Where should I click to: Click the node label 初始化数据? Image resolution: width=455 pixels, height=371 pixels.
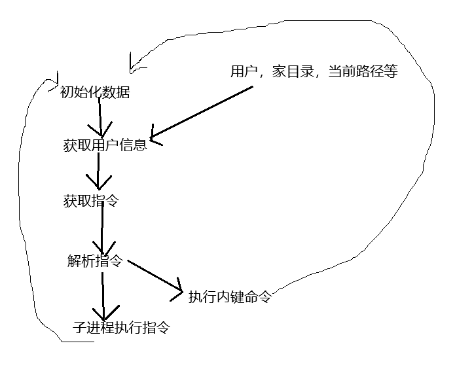click(x=95, y=93)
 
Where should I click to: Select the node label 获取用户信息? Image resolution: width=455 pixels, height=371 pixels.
click(x=105, y=145)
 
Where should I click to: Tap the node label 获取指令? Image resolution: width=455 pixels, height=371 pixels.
click(x=91, y=201)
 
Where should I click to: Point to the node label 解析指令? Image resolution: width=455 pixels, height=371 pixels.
click(x=95, y=261)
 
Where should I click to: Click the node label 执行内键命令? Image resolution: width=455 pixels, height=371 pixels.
click(x=229, y=297)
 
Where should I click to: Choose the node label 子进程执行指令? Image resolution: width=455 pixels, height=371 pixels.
click(x=122, y=328)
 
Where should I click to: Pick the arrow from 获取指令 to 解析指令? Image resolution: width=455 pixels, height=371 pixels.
click(x=103, y=229)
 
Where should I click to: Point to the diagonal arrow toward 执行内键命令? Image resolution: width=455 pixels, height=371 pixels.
click(x=154, y=275)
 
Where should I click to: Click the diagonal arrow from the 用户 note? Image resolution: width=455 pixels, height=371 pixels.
click(x=203, y=111)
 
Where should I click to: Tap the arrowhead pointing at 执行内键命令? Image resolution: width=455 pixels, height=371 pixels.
click(x=177, y=290)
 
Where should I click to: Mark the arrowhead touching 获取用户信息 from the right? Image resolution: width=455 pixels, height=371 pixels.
click(x=155, y=135)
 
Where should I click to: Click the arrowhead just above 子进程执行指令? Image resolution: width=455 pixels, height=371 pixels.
click(x=104, y=311)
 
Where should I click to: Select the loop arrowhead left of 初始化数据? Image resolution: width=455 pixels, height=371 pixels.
click(x=50, y=84)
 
